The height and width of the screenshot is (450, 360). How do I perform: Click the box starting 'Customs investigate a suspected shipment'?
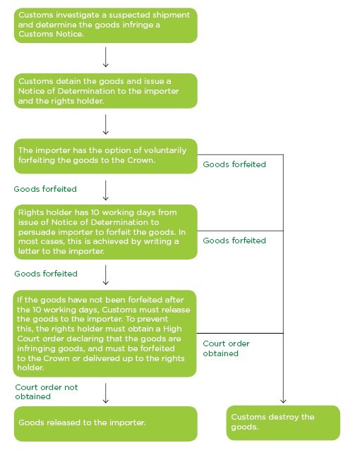click(105, 25)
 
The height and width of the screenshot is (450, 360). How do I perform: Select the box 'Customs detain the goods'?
click(105, 91)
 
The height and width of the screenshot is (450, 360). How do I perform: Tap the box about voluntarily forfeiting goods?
click(105, 157)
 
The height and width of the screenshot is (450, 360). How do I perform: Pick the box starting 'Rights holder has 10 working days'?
click(105, 231)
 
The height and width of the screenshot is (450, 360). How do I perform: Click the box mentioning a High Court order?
click(105, 333)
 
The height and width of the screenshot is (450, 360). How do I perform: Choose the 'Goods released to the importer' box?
click(105, 422)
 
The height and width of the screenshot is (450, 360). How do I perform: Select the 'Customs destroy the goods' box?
click(282, 422)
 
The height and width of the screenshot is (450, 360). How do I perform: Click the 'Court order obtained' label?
click(225, 348)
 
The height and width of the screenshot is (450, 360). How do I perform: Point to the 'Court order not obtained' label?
click(47, 391)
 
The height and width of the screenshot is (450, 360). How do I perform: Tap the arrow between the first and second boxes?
click(105, 57)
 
